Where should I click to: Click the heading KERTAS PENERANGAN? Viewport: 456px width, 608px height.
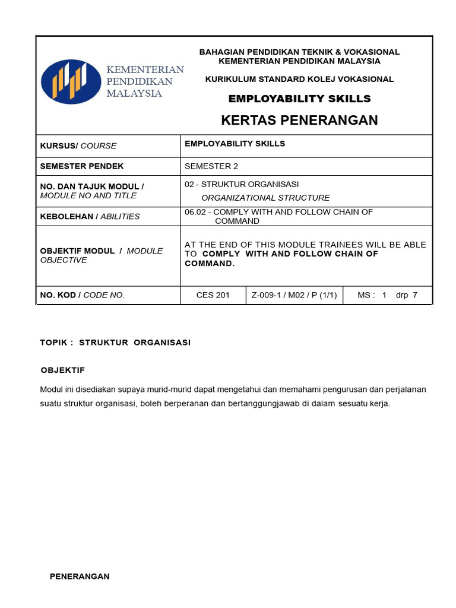coord(299,121)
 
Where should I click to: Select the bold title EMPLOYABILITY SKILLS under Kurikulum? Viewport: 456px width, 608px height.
coord(299,99)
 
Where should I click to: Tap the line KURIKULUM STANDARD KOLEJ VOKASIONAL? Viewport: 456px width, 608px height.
coord(299,79)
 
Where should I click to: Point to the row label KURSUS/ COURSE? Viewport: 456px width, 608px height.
coord(78,146)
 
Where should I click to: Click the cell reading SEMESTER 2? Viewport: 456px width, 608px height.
coord(211,166)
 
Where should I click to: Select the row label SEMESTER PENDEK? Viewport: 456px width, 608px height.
coord(81,166)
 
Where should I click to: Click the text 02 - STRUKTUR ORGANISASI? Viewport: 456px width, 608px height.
coord(242,184)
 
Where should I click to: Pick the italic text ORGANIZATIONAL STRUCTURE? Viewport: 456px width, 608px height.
coord(265,198)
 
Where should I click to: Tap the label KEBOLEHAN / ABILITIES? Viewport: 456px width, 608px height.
coord(90,217)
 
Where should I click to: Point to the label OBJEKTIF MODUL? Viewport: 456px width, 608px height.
coord(77,251)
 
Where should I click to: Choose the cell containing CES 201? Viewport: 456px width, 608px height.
coord(213,295)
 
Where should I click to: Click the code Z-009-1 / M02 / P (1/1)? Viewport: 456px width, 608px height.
coord(294,295)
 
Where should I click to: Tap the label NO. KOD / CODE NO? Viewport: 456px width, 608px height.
coord(82,295)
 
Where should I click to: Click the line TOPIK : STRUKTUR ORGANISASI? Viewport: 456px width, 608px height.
coord(115,343)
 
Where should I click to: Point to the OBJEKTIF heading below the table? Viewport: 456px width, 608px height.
coord(63,370)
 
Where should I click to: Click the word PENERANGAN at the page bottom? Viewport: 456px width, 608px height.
coord(80,577)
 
